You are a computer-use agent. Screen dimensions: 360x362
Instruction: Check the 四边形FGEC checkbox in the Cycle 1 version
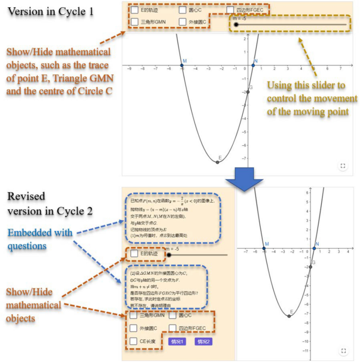[230, 9]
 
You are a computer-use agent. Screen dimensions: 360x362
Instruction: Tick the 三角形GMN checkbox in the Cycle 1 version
[134, 22]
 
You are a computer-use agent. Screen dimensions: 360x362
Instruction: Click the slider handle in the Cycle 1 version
[237, 24]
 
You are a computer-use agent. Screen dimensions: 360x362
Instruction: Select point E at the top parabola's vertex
[218, 162]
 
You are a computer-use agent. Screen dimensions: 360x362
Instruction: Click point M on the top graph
[182, 66]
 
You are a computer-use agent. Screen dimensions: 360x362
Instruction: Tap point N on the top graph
[253, 66]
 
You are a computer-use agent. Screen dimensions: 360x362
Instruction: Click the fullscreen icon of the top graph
[343, 166]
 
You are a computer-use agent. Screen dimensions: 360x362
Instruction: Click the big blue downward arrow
[243, 182]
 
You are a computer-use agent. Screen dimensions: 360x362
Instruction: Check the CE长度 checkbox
[134, 341]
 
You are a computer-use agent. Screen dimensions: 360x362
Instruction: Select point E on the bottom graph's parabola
[290, 316]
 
